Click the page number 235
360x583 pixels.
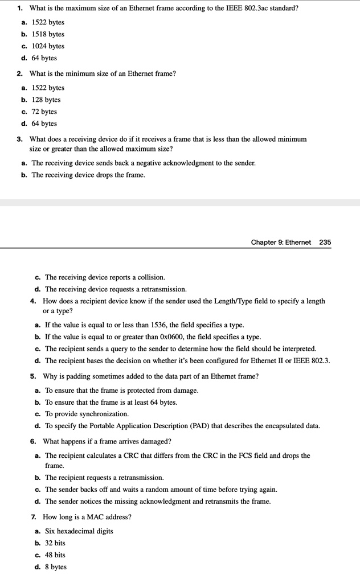(x=325, y=242)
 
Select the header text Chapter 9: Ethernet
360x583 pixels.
(x=281, y=242)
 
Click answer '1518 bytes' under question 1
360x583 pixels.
(x=48, y=34)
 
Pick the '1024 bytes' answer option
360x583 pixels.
(x=48, y=46)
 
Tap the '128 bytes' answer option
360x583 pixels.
(x=46, y=100)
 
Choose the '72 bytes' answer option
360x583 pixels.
(x=44, y=112)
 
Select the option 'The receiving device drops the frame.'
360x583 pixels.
(x=88, y=175)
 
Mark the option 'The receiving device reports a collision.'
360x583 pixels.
(x=105, y=277)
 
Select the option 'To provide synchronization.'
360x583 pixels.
(x=87, y=414)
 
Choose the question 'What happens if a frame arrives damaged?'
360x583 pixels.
(x=107, y=441)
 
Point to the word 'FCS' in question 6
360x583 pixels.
(x=261, y=455)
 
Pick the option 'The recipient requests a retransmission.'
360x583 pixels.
(x=104, y=477)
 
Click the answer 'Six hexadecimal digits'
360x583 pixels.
(x=79, y=531)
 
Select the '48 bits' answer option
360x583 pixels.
(x=55, y=555)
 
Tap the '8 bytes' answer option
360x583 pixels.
(x=56, y=567)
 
